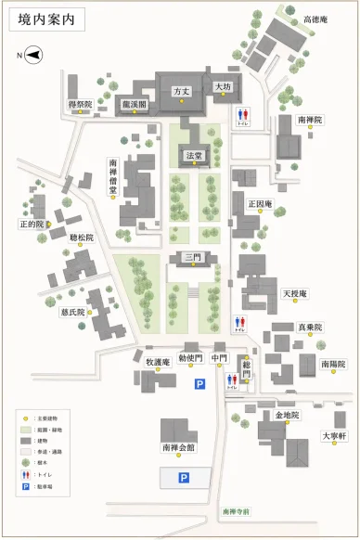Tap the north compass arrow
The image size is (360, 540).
click(33, 56)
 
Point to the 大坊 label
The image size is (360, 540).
click(223, 86)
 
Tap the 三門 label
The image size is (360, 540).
click(194, 257)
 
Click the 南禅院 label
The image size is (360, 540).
click(311, 121)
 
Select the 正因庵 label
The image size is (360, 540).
click(261, 203)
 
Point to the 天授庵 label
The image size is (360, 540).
click(295, 294)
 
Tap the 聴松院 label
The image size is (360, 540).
click(82, 238)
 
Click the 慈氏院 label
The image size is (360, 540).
click(72, 313)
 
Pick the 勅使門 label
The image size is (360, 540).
click(190, 358)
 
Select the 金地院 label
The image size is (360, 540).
click(287, 415)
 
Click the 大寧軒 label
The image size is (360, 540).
click(334, 435)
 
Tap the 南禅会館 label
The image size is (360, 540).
click(178, 447)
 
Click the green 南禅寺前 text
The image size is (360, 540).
click(237, 511)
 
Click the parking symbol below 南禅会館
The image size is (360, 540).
click(184, 478)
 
